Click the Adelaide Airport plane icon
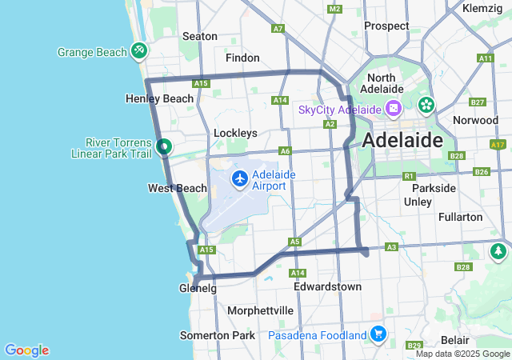pyautogui.click(x=239, y=179)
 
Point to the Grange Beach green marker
pyautogui.click(x=139, y=51)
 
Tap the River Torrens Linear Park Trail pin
pyautogui.click(x=164, y=146)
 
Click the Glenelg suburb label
pyautogui.click(x=198, y=288)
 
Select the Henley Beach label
pyautogui.click(x=160, y=98)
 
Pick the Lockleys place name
pyautogui.click(x=235, y=133)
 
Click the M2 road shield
pyautogui.click(x=334, y=9)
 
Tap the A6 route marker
pyautogui.click(x=285, y=150)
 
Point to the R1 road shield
pyautogui.click(x=409, y=175)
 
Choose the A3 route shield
pyautogui.click(x=391, y=247)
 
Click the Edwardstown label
pyautogui.click(x=327, y=286)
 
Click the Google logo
pyautogui.click(x=26, y=350)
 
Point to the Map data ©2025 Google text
pyautogui.click(x=462, y=354)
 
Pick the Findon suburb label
pyautogui.click(x=242, y=58)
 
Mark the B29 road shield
pyautogui.click(x=414, y=345)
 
